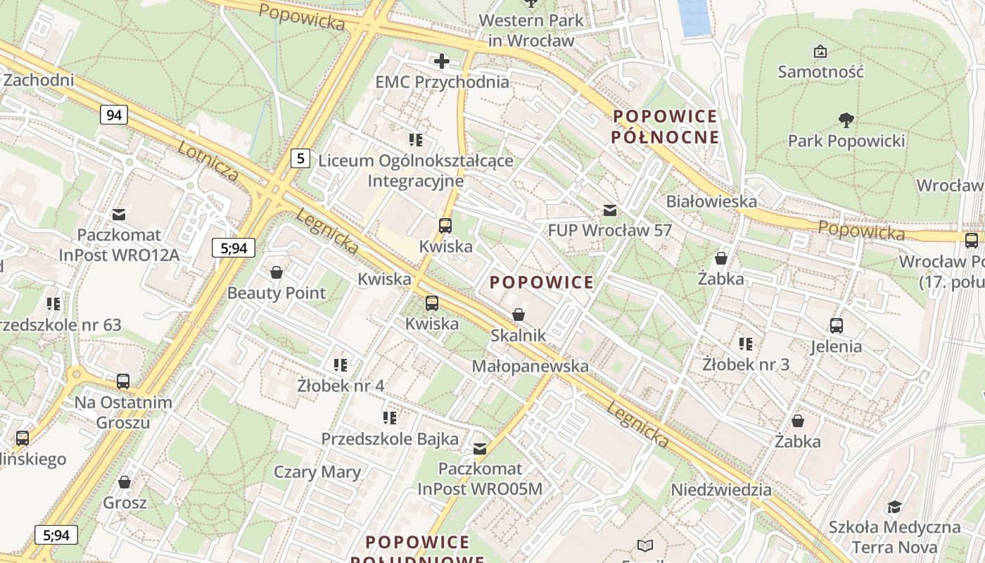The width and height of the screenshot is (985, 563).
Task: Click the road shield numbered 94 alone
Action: click(113, 114)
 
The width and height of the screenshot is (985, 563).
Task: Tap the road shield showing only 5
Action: click(300, 158)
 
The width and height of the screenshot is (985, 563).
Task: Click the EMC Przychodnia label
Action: click(442, 82)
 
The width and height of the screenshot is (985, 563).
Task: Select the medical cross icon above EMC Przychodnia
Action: click(442, 61)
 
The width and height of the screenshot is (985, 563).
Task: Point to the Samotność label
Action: click(820, 71)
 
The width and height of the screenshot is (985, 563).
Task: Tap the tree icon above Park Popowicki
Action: click(846, 120)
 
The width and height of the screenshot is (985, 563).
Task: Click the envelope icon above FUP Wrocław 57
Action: click(610, 210)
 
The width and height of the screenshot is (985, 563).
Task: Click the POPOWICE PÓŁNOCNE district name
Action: click(665, 126)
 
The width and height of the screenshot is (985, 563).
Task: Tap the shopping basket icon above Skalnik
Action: click(519, 315)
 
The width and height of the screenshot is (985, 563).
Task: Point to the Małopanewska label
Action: click(530, 366)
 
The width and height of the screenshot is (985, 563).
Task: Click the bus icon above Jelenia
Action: click(836, 325)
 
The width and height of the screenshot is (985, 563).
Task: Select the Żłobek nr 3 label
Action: click(746, 365)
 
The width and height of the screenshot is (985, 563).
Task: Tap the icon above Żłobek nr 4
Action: click(341, 365)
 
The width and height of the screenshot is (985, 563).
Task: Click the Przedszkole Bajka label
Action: click(390, 438)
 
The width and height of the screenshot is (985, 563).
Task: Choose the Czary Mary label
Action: click(317, 472)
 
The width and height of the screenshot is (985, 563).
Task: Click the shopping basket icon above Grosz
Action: click(125, 482)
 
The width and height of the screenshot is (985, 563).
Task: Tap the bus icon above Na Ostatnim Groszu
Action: click(123, 381)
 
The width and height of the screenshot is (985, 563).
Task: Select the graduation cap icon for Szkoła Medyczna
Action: click(894, 507)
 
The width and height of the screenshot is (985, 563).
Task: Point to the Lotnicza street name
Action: click(208, 160)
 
